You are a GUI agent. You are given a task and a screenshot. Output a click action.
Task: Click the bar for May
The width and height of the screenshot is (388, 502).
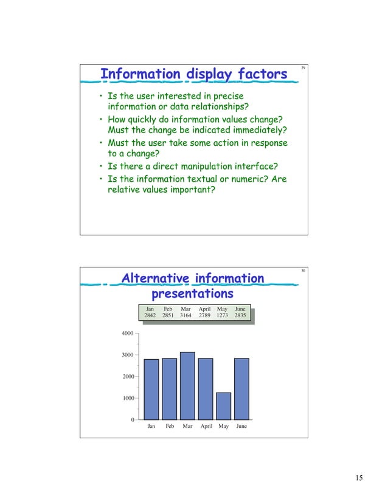coord(223,406)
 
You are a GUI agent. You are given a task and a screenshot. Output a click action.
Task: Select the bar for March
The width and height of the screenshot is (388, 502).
coord(187,386)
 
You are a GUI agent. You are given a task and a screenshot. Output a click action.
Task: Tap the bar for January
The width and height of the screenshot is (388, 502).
coord(151,390)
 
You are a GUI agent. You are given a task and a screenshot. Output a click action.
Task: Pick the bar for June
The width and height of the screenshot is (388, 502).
coord(241,390)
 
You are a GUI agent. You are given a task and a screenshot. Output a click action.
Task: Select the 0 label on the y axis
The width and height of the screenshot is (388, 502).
coord(132,421)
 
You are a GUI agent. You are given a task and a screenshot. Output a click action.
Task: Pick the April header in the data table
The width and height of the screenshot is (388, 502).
coord(204,309)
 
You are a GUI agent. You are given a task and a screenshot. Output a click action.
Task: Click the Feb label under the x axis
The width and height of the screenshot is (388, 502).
coord(170,427)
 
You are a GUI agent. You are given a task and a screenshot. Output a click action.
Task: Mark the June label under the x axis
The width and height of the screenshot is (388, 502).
coord(241,427)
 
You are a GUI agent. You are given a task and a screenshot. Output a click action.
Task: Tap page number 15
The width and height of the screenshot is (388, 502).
coord(359,478)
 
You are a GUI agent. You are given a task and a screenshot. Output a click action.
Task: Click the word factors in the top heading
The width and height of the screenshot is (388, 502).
coord(255,75)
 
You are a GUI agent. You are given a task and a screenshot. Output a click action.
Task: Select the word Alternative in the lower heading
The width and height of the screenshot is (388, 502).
coord(156,278)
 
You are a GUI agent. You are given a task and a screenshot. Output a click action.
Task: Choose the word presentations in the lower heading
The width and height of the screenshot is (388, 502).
coord(192,294)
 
